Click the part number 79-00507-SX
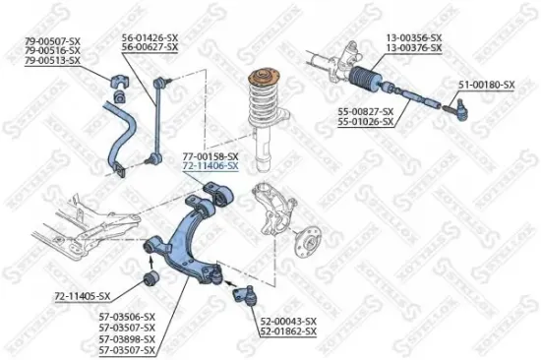pyautogui.click(x=51, y=39)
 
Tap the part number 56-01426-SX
pyautogui.click(x=150, y=37)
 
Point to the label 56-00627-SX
pyautogui.click(x=150, y=47)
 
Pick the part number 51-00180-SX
pyautogui.click(x=485, y=86)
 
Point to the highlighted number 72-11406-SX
pyautogui.click(x=210, y=168)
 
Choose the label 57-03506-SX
pyautogui.click(x=129, y=315)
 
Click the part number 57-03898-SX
pyautogui.click(x=129, y=338)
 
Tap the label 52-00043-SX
pyautogui.click(x=288, y=322)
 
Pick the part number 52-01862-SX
pyautogui.click(x=288, y=332)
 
